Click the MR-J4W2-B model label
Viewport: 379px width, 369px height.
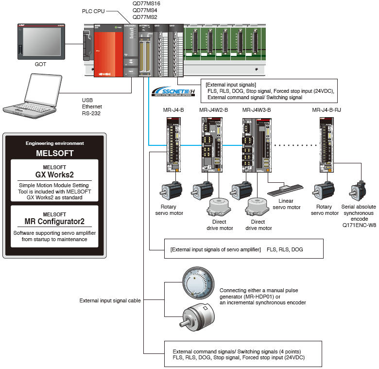coord(213,110)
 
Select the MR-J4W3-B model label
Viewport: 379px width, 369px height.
coord(257,110)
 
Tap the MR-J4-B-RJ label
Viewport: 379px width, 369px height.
coord(327,110)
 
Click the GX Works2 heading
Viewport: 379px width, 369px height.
coord(54,174)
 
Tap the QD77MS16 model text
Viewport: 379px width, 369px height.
coord(146,3)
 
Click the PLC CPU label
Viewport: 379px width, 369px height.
coord(94,11)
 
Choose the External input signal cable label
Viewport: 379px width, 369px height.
coord(110,301)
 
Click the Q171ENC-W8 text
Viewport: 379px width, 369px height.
coord(360,226)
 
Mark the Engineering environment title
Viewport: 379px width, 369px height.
coord(54,143)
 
